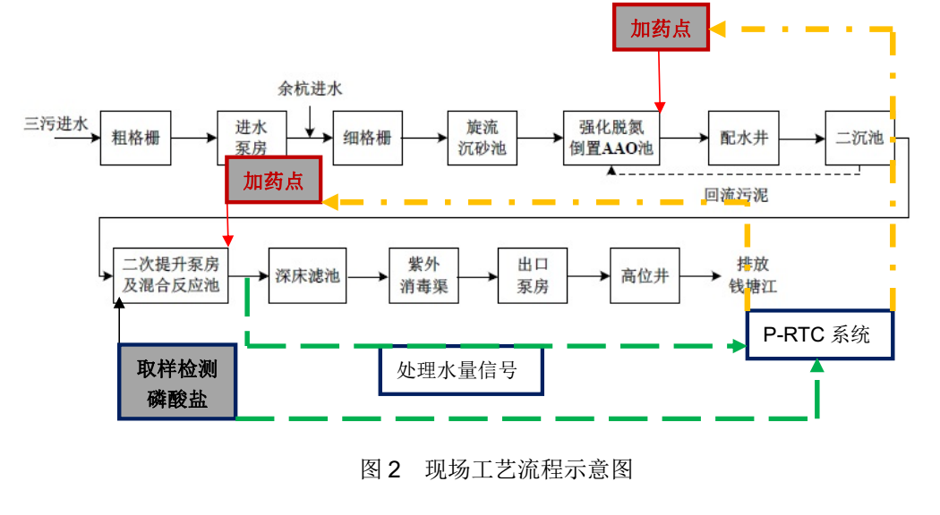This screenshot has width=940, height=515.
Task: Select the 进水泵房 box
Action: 252,138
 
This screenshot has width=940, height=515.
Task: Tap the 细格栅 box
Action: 368,139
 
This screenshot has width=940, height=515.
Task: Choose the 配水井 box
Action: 743,139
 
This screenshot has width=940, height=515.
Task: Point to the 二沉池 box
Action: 859,139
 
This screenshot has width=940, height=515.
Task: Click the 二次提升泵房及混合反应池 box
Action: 171,275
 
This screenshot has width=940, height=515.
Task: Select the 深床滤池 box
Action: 305,275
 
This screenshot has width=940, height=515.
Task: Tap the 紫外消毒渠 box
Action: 423,275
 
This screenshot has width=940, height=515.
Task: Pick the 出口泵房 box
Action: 533,275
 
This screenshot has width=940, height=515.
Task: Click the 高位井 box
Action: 645,275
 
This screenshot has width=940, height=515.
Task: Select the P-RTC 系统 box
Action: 819,335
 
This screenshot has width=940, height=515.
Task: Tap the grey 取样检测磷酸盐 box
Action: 177,383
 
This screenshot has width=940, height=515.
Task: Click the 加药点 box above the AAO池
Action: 661,28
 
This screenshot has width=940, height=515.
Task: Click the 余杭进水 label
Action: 310,89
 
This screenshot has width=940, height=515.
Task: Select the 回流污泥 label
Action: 735,195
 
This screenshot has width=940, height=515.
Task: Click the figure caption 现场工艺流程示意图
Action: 496,469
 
